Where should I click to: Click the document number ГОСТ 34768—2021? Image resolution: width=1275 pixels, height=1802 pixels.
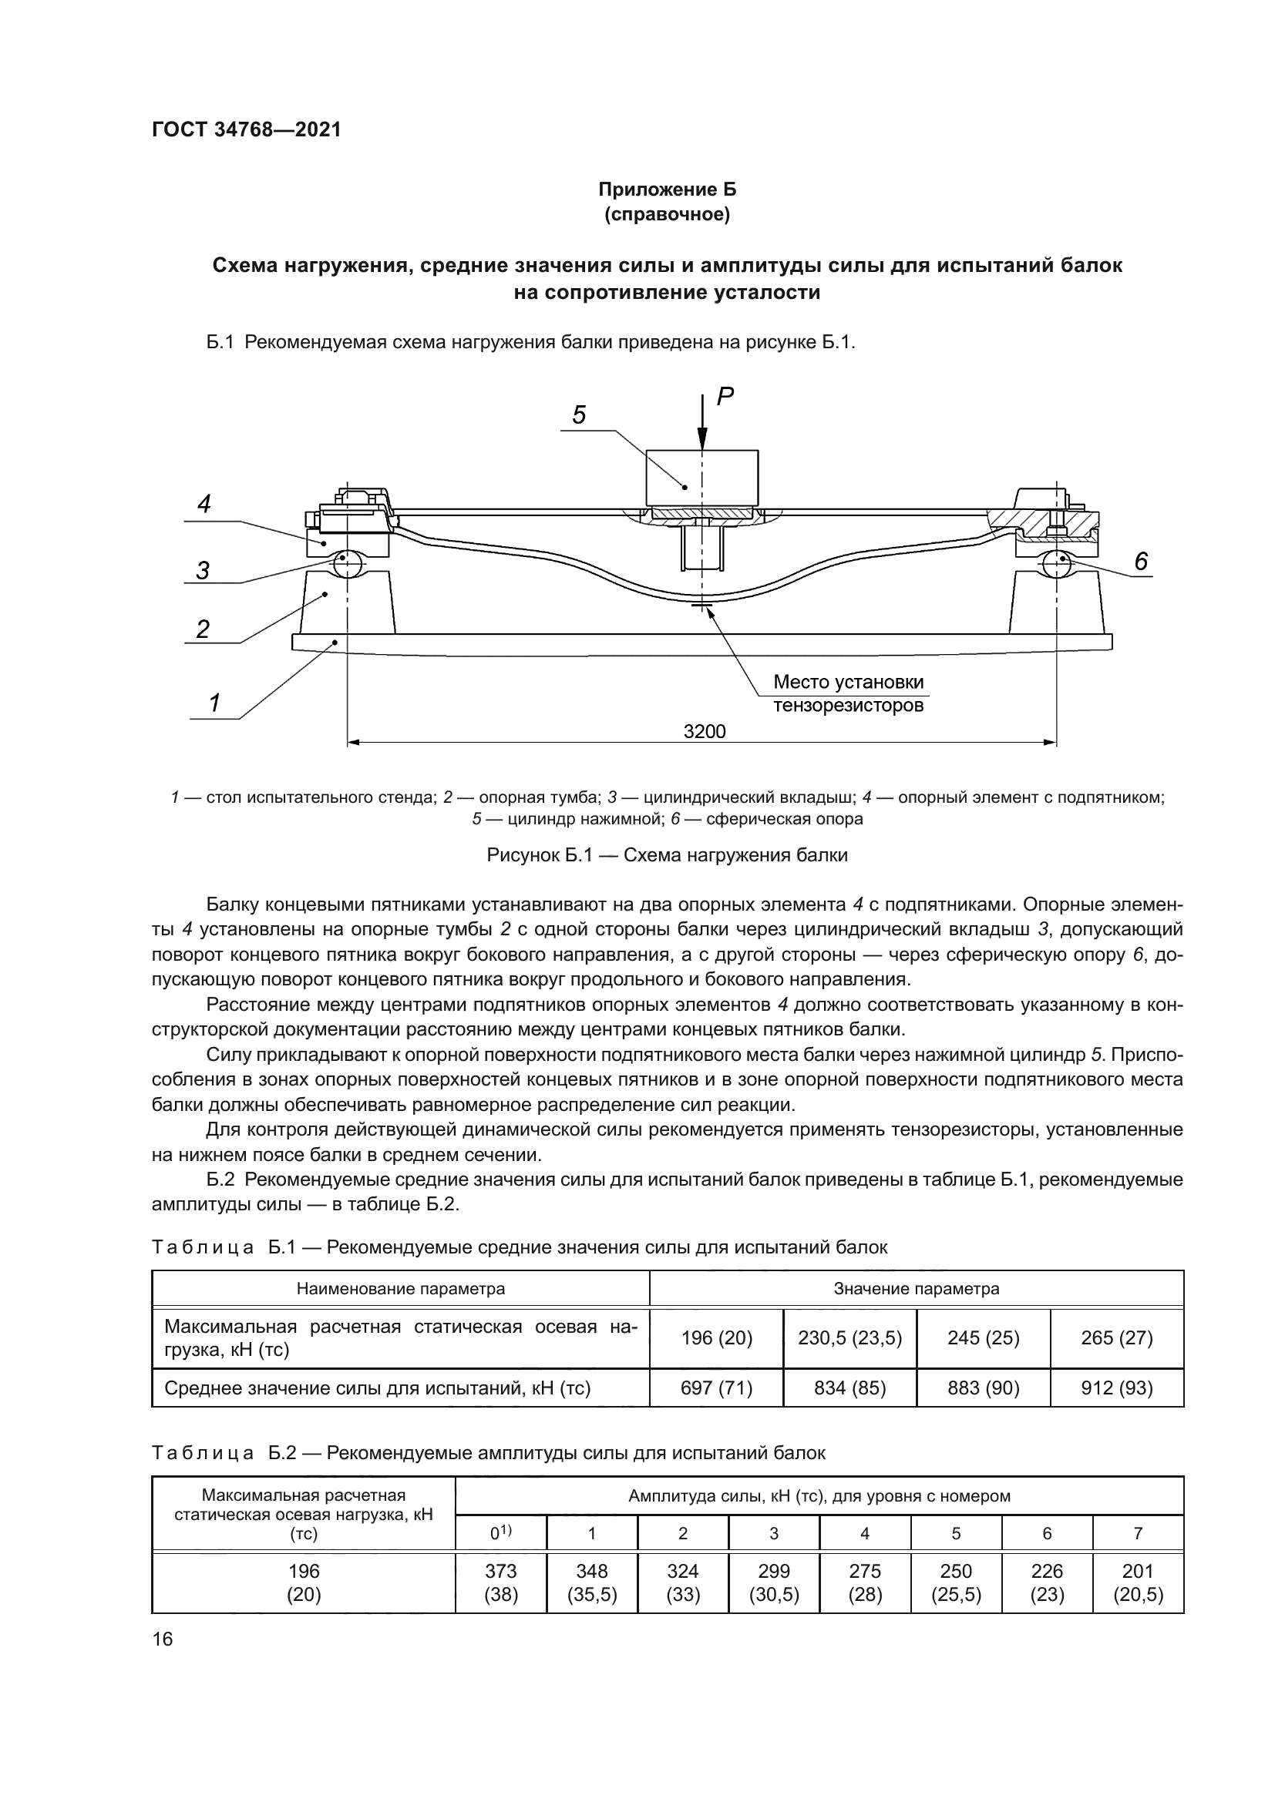coord(247,130)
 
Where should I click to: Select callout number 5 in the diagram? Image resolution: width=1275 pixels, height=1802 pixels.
coord(579,415)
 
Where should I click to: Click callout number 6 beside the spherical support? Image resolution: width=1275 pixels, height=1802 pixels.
coord(1141,562)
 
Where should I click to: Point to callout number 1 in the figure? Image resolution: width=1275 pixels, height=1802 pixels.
coord(214,703)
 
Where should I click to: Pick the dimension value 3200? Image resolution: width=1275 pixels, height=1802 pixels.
coord(705,731)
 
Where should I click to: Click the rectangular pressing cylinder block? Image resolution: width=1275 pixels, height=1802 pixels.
coord(702,477)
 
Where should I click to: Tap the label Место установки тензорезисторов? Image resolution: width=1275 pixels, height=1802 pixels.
coord(848,693)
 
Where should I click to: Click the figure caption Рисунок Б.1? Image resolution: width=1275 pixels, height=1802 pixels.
coord(667,855)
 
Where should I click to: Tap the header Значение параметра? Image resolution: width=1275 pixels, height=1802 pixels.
coord(917,1289)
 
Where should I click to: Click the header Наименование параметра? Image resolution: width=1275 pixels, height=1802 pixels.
coord(400,1289)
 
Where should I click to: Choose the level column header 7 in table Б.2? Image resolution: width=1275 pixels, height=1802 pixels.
coord(1138,1533)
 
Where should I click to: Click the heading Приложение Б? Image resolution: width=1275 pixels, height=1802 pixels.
coord(667,190)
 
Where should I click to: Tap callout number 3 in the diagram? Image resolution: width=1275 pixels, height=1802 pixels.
coord(203,571)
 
